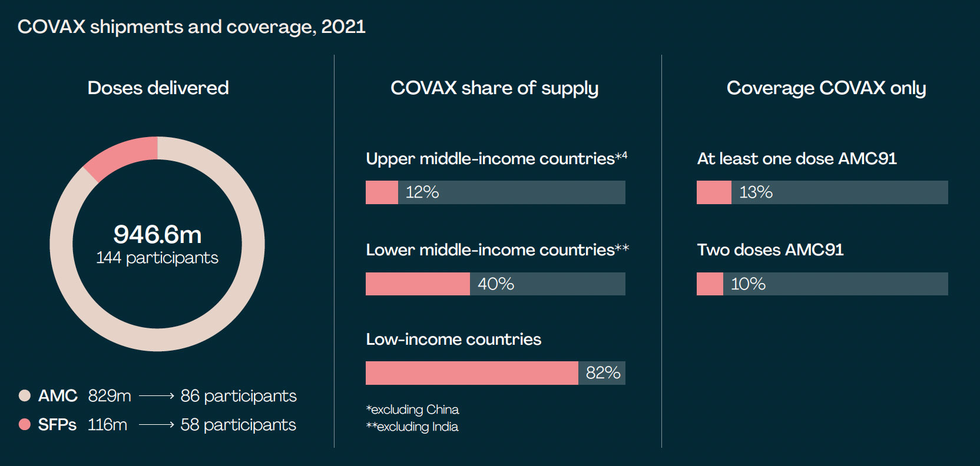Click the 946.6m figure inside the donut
point(157,234)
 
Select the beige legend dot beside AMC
point(24,395)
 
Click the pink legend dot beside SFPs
point(24,424)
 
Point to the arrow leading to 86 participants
point(156,396)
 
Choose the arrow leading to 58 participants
point(156,424)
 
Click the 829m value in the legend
point(110,396)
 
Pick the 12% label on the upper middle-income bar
point(422,192)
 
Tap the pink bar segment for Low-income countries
point(471,373)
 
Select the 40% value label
point(495,284)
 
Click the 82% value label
point(602,373)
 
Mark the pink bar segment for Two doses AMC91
point(710,284)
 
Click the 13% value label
point(756,192)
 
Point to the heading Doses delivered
point(158,88)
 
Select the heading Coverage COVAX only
point(826,88)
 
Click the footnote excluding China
point(412,410)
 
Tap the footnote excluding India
point(412,427)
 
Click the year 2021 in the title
point(343,27)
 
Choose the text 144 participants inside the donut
point(157,258)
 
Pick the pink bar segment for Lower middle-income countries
point(418,284)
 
